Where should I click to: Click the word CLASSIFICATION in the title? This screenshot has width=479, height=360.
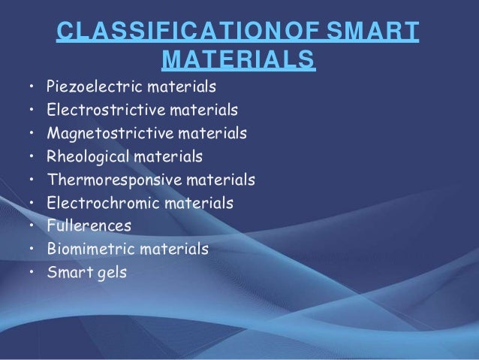click(x=154, y=32)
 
